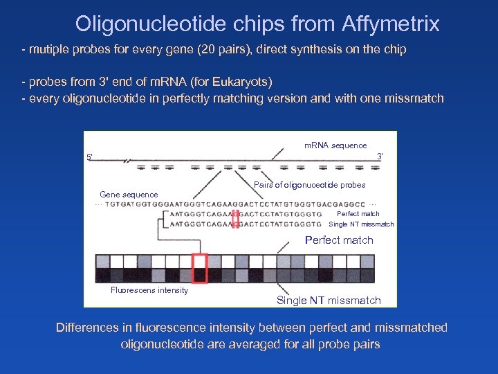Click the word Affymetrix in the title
(x=390, y=24)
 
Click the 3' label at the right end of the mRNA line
(x=380, y=156)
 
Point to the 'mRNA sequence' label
(x=335, y=145)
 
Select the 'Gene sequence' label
(x=129, y=195)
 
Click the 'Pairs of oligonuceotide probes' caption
(x=309, y=185)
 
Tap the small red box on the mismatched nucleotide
(x=235, y=219)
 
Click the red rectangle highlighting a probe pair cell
(x=200, y=268)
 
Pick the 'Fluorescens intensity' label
(x=149, y=290)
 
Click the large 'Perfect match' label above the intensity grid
(x=339, y=240)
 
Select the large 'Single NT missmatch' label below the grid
(x=329, y=300)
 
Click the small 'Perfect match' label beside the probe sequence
(x=358, y=214)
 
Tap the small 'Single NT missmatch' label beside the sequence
(x=361, y=224)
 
